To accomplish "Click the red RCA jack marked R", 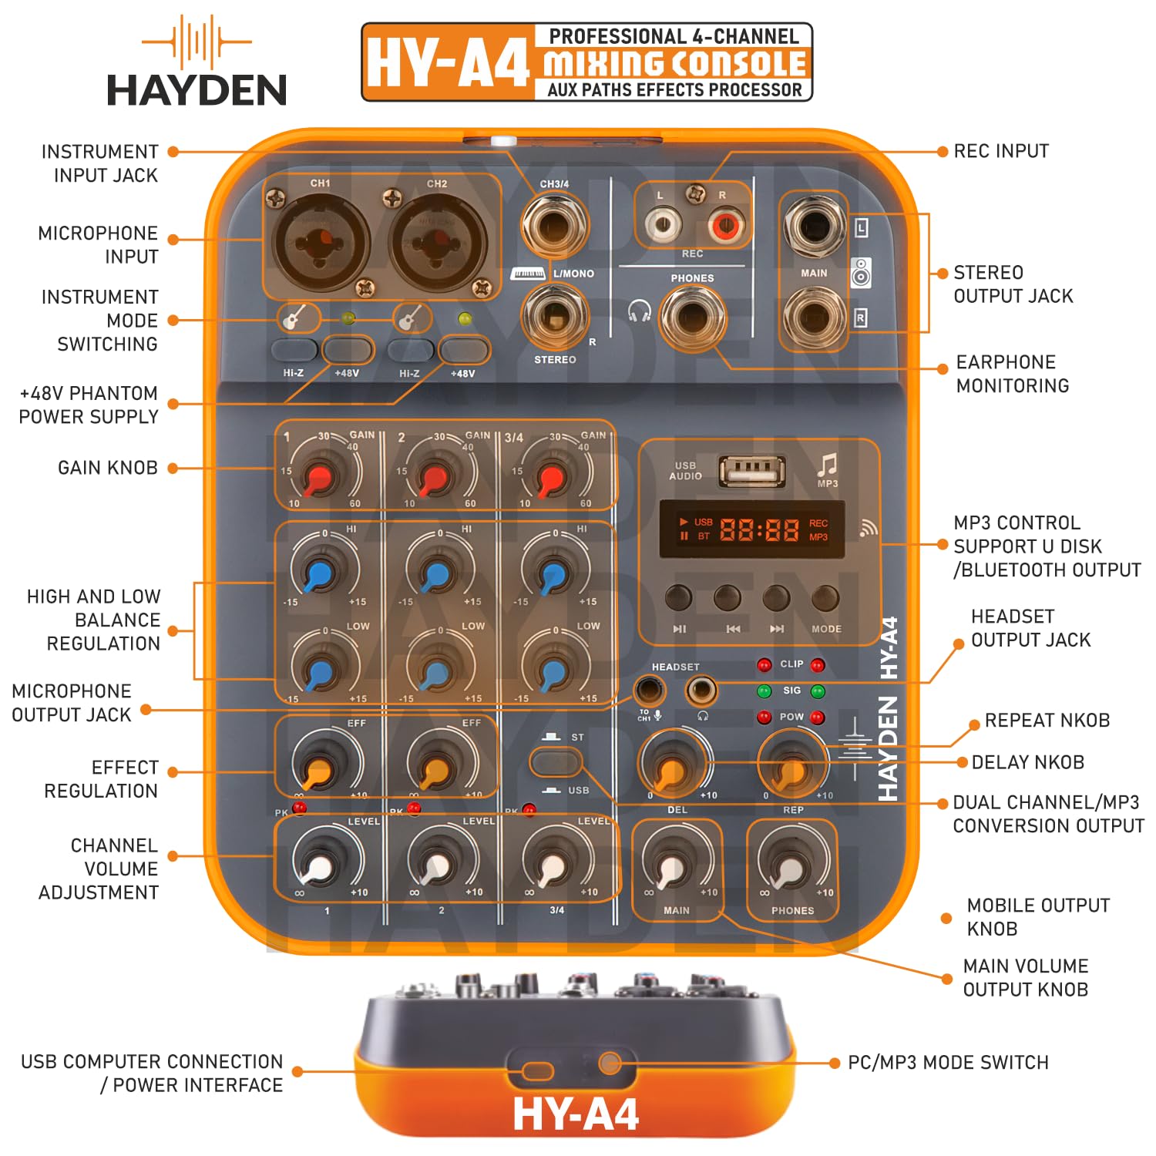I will [x=725, y=225].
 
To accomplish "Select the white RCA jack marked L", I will [x=662, y=225].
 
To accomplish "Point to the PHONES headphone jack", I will [x=691, y=317].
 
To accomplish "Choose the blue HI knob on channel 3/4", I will [x=552, y=574].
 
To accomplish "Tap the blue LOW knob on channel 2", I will [x=436, y=672].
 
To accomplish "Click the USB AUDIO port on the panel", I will [x=752, y=470].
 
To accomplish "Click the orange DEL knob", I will [x=673, y=768].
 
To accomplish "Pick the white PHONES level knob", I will [x=791, y=869].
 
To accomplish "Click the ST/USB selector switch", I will [x=555, y=764].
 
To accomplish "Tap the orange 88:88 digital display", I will [x=758, y=529].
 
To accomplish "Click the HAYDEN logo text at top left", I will [x=197, y=89].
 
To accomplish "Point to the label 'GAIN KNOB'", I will [x=108, y=468].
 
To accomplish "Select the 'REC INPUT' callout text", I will [x=1001, y=151].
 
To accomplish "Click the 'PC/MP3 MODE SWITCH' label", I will [x=948, y=1063].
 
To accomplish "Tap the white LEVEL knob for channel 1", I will [x=319, y=867].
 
